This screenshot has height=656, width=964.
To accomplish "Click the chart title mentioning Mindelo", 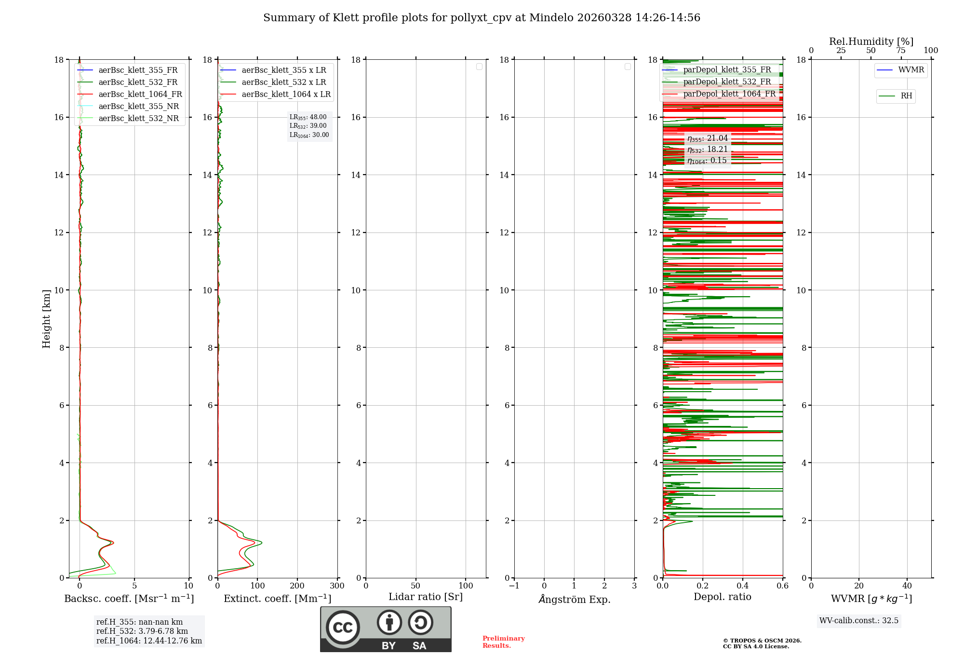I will click(482, 18).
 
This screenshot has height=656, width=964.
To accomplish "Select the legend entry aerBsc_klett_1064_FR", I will click(140, 95).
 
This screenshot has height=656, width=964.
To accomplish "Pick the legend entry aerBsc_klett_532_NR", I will click(138, 119).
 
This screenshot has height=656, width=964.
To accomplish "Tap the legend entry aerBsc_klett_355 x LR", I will click(283, 70).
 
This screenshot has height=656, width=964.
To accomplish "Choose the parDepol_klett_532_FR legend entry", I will click(727, 82).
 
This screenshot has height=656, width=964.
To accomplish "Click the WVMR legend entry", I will click(911, 70).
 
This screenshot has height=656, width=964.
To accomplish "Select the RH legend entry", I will click(906, 96).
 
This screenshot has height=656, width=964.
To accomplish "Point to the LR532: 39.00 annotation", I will click(308, 126).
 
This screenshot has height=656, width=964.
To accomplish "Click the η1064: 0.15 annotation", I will click(707, 161).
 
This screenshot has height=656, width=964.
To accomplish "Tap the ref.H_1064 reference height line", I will click(149, 641).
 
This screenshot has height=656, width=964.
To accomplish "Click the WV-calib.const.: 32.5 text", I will click(859, 621).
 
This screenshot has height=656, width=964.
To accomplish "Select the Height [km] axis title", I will click(46, 318).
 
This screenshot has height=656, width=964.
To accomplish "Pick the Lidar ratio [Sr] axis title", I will click(426, 597).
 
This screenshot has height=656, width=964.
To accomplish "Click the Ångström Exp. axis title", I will click(575, 599).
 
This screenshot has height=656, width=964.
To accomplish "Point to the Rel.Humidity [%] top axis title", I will click(871, 41).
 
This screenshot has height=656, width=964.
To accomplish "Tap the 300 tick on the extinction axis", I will click(337, 586).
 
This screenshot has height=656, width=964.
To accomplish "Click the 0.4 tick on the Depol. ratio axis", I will click(743, 586).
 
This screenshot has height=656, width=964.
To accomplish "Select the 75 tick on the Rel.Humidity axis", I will click(901, 51).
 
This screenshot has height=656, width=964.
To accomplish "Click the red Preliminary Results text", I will click(503, 642).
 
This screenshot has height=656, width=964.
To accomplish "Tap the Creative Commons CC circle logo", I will click(343, 628).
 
